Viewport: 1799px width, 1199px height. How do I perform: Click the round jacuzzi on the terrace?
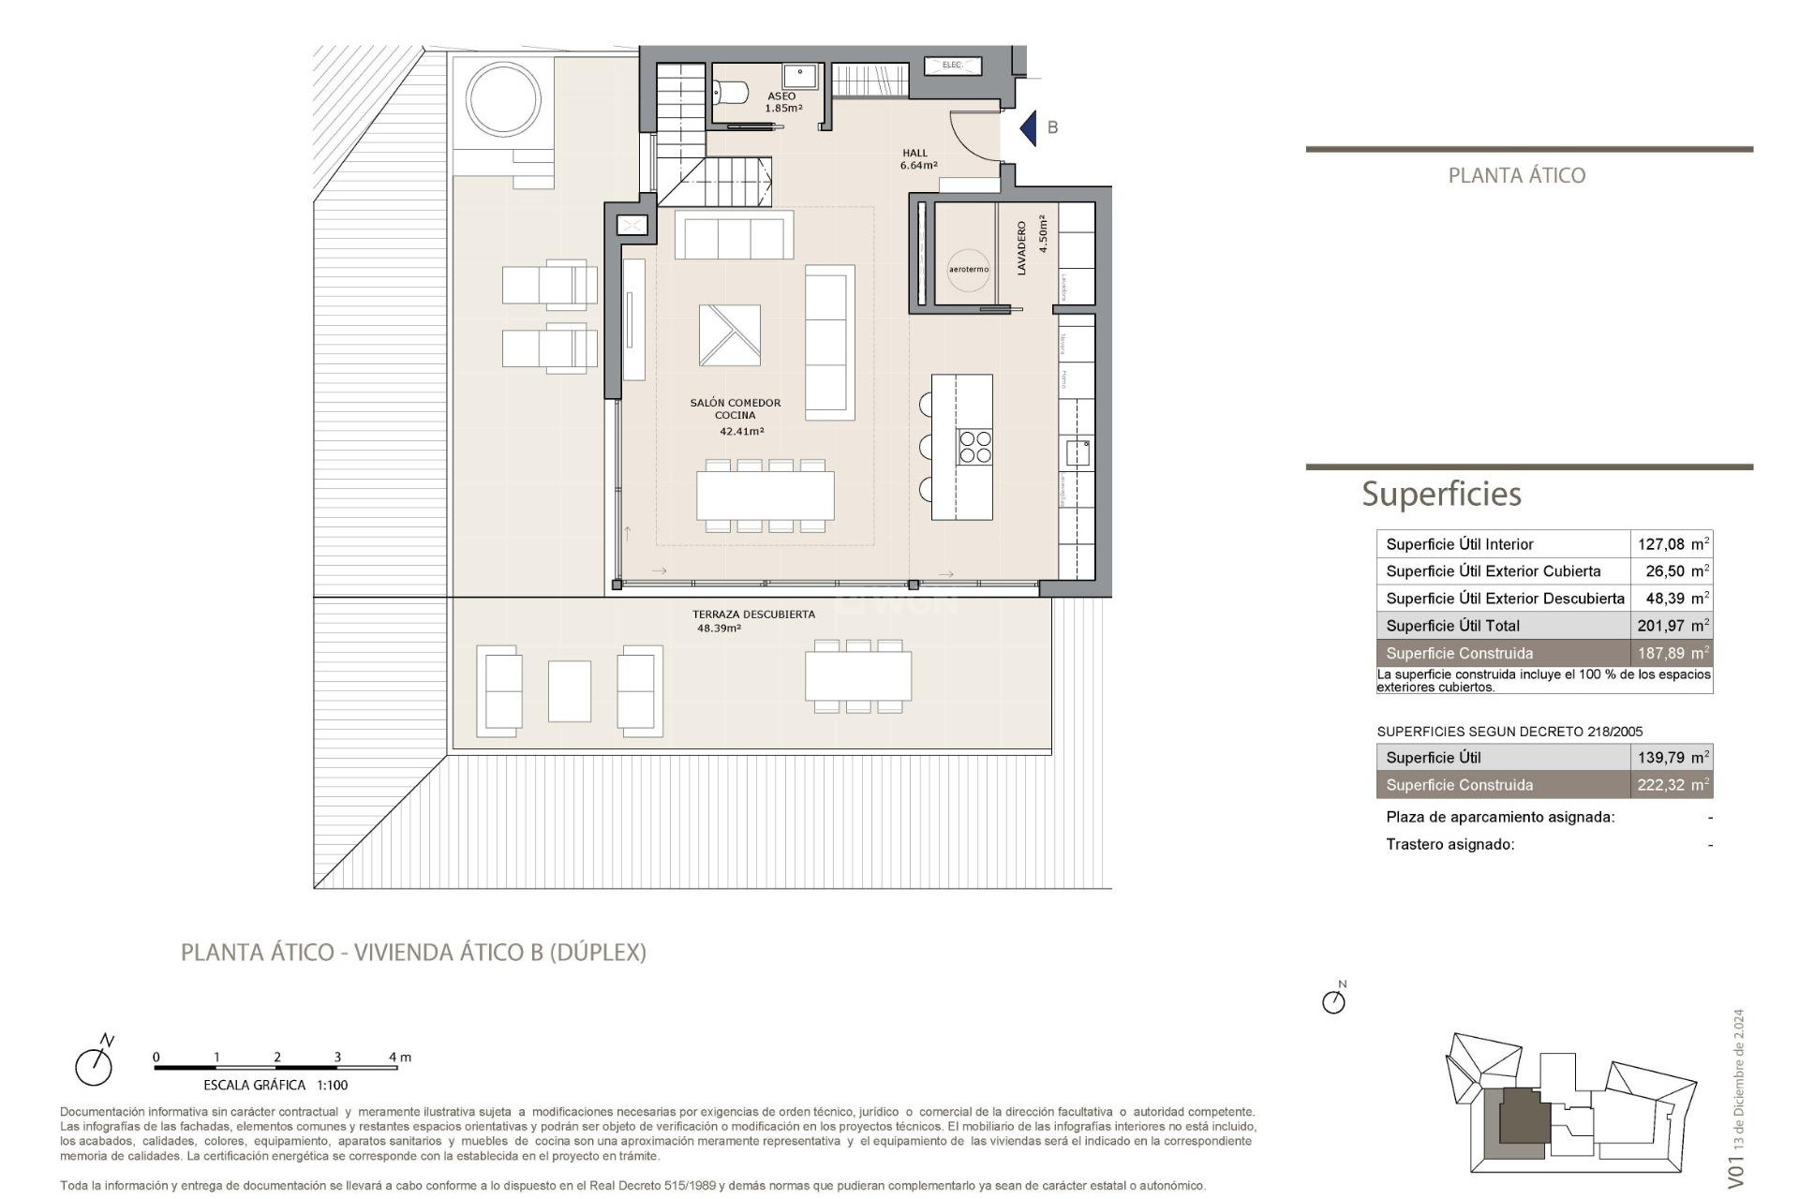pyautogui.click(x=503, y=98)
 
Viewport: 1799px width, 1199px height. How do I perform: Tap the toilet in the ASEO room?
pyautogui.click(x=731, y=92)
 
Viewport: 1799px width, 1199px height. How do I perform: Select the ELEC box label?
pyautogui.click(x=952, y=65)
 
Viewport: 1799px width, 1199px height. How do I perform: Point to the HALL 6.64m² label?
pyautogui.click(x=917, y=159)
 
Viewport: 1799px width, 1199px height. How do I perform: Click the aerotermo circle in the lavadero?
pyautogui.click(x=968, y=269)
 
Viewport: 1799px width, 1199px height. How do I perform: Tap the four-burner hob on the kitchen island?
pyautogui.click(x=974, y=447)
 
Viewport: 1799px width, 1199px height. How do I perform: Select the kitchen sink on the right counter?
pyautogui.click(x=1078, y=452)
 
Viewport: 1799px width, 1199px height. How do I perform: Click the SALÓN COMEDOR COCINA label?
pyautogui.click(x=736, y=409)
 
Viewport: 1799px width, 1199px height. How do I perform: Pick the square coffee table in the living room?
pyautogui.click(x=729, y=334)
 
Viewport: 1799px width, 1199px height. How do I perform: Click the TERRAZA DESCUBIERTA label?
pyautogui.click(x=753, y=614)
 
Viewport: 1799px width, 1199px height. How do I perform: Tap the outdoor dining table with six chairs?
pyautogui.click(x=858, y=675)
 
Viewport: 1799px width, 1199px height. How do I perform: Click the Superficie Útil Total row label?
pyautogui.click(x=1452, y=626)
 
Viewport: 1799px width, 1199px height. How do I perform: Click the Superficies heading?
pyautogui.click(x=1441, y=494)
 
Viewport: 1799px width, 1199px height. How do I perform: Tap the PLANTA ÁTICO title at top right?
pyautogui.click(x=1516, y=175)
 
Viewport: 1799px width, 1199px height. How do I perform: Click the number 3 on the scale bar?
pyautogui.click(x=337, y=1057)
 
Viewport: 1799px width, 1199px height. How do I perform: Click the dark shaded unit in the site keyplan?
pyautogui.click(x=1524, y=1118)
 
